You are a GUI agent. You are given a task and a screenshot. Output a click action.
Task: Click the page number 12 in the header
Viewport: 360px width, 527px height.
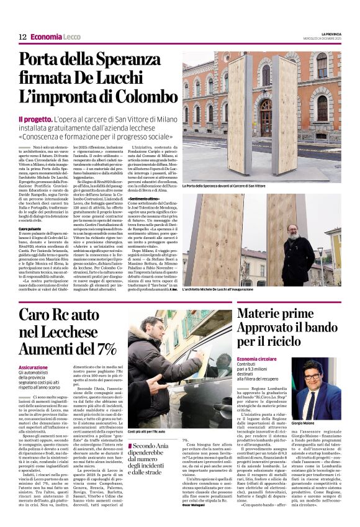pos(22,37)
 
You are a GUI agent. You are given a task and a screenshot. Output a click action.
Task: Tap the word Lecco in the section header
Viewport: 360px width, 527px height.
pos(72,37)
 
